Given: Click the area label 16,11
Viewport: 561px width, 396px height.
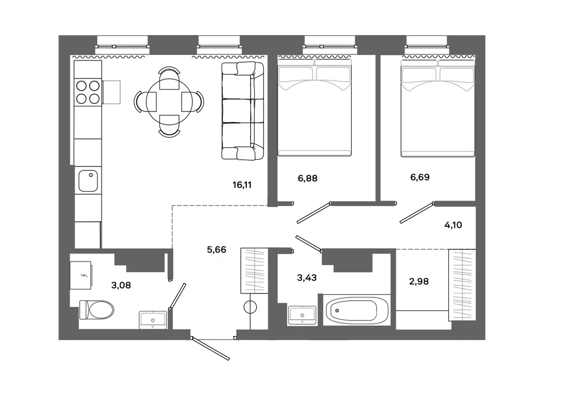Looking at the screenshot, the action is pos(242,185).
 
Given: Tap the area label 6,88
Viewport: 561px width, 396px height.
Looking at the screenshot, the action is pos(307,178).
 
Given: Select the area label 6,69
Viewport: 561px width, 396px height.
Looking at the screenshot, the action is pos(420,177).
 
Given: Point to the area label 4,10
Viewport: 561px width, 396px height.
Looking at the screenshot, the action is pos(453,225).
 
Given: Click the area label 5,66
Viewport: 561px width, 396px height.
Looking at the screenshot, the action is pos(217,250).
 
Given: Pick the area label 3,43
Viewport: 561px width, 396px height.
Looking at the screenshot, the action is pos(307,277).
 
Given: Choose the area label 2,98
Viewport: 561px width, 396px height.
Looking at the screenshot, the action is pos(419,281).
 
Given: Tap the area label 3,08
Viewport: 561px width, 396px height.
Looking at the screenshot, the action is pos(121,285).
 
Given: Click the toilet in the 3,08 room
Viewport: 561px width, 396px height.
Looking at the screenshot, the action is pos(96,310).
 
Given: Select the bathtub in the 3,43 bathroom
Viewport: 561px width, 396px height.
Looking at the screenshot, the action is pos(357,310).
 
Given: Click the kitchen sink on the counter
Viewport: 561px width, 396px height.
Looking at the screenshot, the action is pos(88,181).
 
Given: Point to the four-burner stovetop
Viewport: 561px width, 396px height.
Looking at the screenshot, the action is pos(88,92).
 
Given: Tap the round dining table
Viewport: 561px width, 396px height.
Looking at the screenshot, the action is pos(169,102).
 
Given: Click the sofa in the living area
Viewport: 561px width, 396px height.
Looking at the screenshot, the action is pos(242,111).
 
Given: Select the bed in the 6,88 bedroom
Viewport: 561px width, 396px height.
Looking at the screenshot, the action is pos(315,107).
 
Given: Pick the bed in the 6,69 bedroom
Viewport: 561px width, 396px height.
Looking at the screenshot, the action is pos(438,108).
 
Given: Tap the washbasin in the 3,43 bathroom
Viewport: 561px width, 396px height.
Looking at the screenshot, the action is pos(302,315).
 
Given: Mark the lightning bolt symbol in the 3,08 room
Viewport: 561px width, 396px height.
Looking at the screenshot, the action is pos(85,275).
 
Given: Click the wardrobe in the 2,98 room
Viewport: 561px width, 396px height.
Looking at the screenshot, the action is pos(462,284).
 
